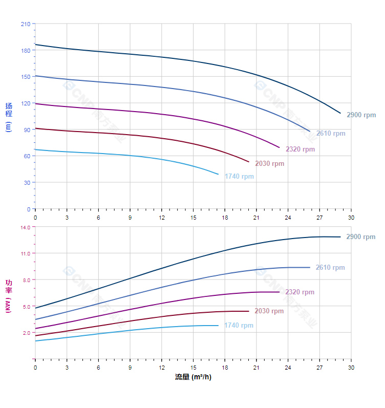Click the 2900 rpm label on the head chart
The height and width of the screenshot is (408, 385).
361,115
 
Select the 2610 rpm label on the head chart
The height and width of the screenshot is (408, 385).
330,134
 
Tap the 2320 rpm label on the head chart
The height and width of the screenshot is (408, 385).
300,149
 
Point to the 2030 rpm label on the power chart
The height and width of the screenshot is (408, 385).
269,311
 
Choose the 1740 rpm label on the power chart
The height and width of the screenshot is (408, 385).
239,326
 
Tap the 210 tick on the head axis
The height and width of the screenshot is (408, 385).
25,24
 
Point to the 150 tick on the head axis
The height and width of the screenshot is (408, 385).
25,77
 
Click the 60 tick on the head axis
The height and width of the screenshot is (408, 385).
27,156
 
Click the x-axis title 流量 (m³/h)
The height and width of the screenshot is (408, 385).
193,378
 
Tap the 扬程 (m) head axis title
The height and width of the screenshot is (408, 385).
8,117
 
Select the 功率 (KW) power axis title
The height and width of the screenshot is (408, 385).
8,293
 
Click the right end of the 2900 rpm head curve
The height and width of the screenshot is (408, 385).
340,113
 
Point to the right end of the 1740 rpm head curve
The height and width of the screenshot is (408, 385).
218,175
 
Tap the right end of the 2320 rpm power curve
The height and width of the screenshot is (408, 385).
280,292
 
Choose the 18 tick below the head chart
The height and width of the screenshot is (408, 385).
225,218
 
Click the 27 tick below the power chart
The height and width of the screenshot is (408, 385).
319,368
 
